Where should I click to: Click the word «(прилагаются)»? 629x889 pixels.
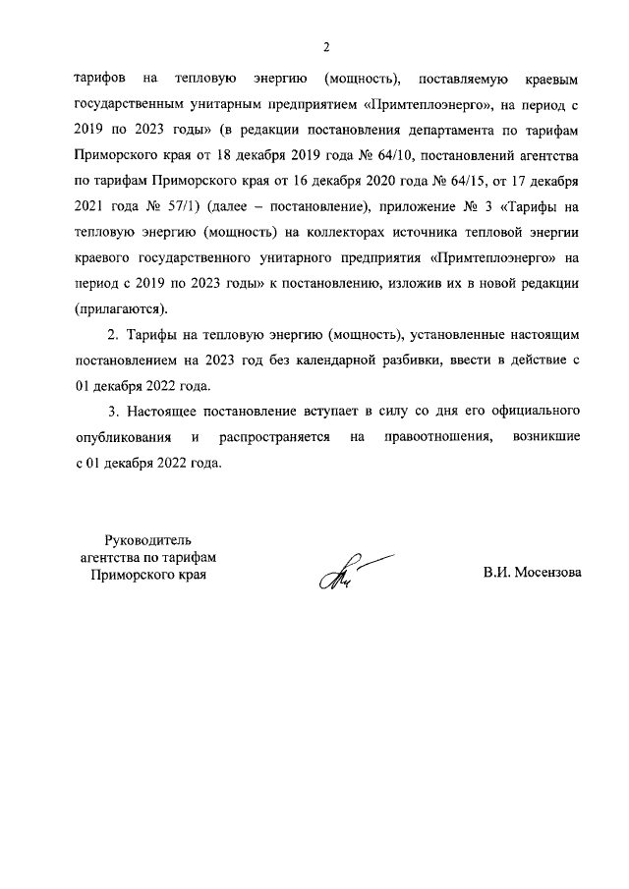pos(120,307)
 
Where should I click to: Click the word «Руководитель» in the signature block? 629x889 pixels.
pos(147,539)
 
